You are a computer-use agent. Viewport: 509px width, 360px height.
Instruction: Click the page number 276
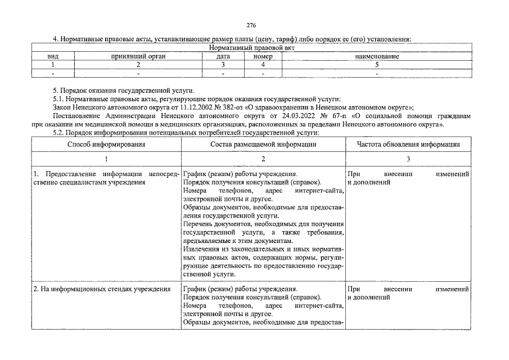point(251,25)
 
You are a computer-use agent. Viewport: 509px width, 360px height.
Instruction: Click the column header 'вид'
point(53,57)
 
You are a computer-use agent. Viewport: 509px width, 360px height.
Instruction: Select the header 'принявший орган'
point(138,57)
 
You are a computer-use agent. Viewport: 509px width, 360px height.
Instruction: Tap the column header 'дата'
point(223,57)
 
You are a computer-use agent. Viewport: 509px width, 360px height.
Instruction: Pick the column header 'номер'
point(263,57)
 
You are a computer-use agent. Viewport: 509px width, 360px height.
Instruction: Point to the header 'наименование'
point(377,57)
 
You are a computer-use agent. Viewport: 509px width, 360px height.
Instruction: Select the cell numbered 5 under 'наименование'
point(377,65)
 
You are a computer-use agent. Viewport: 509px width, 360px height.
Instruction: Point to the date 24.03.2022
point(305,115)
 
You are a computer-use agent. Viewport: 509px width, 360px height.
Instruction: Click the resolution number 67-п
point(340,115)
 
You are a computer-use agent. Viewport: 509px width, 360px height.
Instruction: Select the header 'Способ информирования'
point(106,145)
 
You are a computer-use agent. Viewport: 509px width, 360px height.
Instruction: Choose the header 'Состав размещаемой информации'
point(263,145)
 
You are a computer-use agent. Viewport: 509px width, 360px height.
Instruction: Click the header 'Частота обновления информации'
point(408,145)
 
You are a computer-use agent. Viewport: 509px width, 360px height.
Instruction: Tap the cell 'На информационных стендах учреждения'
point(102,289)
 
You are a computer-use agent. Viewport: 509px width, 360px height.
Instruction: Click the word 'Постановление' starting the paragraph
point(74,115)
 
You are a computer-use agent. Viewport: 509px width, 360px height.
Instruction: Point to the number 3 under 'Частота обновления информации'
point(408,159)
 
